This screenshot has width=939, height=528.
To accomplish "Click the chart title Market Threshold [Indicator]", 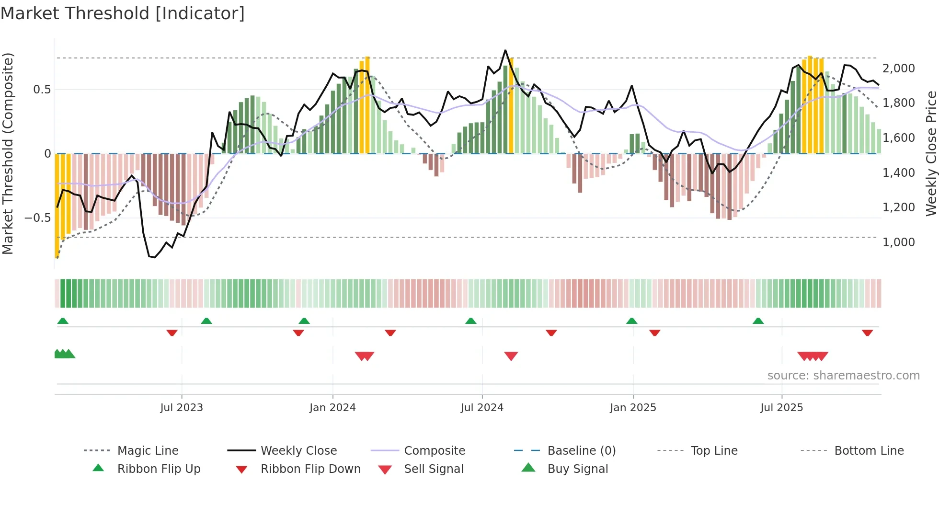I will [123, 13].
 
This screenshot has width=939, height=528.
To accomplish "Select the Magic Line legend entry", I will [148, 450].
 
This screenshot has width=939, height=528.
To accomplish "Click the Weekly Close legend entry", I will [298, 450].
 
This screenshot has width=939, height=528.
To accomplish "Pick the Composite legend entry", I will [434, 450].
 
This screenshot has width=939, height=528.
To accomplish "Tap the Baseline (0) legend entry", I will [581, 450].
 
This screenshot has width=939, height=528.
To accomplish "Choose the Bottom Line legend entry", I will [869, 450].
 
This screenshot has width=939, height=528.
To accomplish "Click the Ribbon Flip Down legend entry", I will [310, 469].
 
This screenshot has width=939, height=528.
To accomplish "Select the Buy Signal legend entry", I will [577, 469].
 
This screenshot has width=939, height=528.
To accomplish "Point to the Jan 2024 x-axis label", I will [332, 408].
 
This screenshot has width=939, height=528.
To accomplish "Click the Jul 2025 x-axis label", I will [781, 408].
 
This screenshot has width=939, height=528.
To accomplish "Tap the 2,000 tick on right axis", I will [898, 69].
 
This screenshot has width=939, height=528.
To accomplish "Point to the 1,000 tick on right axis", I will [898, 242].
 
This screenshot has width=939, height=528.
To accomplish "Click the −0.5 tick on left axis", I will [38, 218].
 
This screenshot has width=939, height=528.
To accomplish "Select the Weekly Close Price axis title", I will [931, 153].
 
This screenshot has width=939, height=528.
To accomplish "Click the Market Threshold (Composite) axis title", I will [8, 153].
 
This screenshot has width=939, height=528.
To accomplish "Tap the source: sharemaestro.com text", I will [843, 376].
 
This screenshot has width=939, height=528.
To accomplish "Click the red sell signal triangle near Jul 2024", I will [511, 356].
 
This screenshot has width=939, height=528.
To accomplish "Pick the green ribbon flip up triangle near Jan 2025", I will [631, 321].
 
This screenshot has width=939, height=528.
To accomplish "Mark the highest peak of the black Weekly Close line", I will [505, 50].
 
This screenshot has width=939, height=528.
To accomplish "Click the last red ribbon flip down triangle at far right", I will [867, 333].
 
